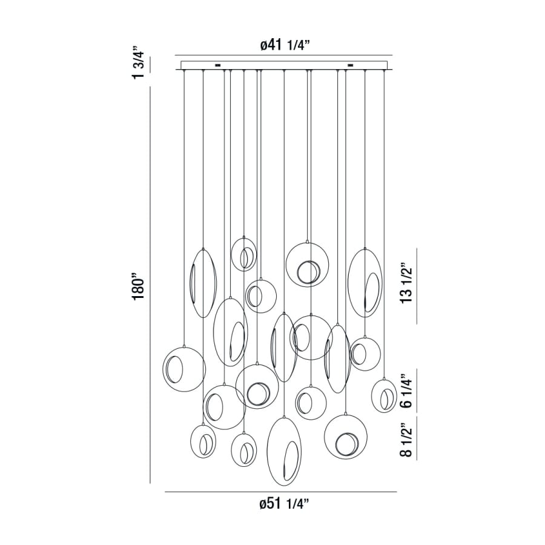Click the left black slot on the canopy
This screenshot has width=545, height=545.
click(x=217, y=65)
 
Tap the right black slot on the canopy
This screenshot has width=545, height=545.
click(x=350, y=65)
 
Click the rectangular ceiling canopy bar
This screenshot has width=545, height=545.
click(x=283, y=65)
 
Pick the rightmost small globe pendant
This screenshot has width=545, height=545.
click(x=384, y=395)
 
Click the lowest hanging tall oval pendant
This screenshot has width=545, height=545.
click(x=285, y=451)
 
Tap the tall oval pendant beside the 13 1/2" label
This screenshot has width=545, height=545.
click(x=365, y=282)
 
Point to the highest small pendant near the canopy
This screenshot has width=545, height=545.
click(x=244, y=254)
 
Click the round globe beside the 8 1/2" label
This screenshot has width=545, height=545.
click(x=346, y=437)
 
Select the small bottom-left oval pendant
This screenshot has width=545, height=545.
click(x=203, y=441)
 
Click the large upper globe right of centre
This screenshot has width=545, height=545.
click(x=308, y=264)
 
